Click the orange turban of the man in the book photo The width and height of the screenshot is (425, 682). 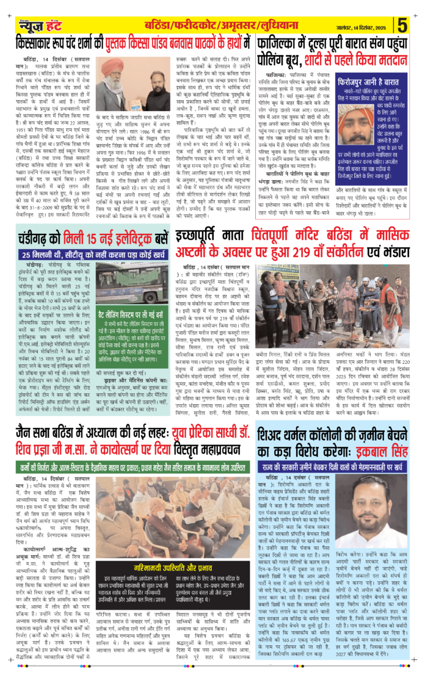[x=112, y=65]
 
